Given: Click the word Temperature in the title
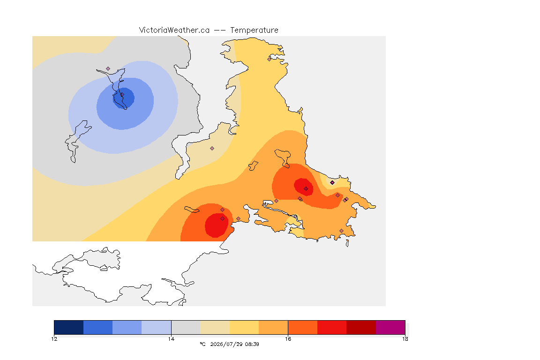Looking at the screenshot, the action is coord(254,30).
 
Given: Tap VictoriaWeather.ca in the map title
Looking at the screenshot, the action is coord(174,30).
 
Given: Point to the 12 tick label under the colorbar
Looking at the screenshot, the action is coord(54,339).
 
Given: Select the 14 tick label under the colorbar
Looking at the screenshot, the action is coord(171,339).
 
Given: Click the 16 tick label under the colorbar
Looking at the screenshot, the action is coord(288,339).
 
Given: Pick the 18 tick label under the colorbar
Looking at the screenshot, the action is coord(405,339).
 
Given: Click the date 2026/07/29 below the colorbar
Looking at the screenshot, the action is coord(226,344).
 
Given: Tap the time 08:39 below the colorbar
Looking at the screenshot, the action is coord(252,344).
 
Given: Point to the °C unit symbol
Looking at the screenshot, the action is coord(202,344).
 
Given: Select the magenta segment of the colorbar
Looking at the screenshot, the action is coord(390,327).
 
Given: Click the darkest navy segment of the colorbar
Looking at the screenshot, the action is coord(69,327).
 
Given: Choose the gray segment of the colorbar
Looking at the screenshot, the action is coord(186,327).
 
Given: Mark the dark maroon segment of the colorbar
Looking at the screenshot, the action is coord(361,327).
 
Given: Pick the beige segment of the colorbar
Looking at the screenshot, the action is coord(215,327).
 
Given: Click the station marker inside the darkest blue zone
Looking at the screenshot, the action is coord(122,94).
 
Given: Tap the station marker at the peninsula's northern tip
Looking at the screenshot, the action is coord(270,59).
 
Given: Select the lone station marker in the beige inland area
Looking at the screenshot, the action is coord(212,149).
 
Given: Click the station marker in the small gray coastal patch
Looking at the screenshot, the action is coord(332,183).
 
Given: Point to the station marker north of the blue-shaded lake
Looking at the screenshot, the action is coord(108,69).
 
